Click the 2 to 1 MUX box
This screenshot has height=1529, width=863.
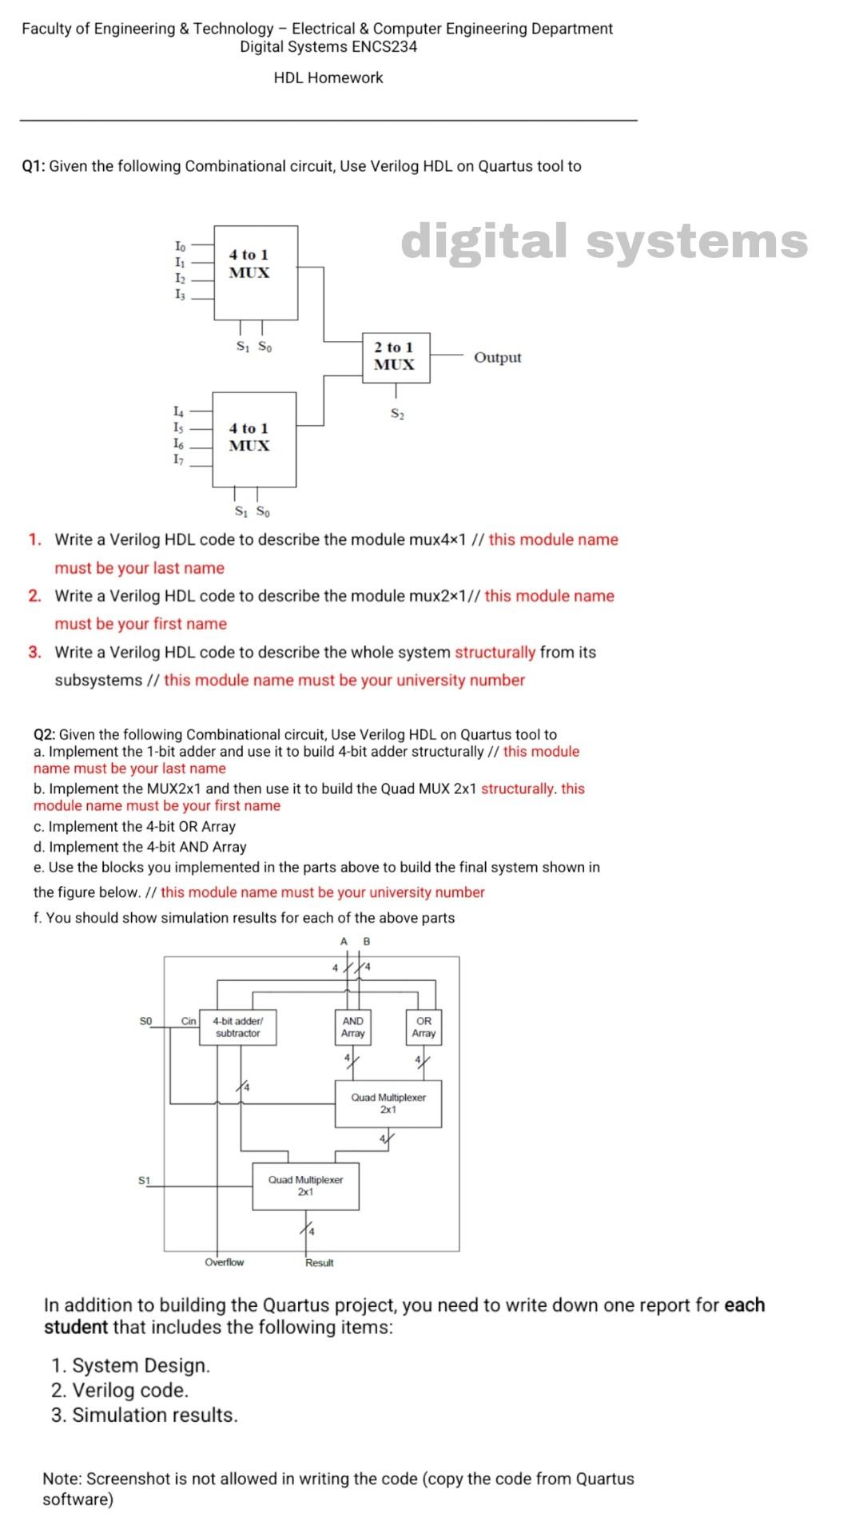(x=396, y=357)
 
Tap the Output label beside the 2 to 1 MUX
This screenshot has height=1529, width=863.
(x=497, y=358)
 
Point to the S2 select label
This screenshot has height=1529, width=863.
(x=397, y=414)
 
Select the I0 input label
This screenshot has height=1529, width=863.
(x=180, y=246)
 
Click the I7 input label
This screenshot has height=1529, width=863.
(x=179, y=459)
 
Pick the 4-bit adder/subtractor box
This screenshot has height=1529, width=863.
(x=238, y=1027)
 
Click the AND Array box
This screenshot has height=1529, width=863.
(x=352, y=1027)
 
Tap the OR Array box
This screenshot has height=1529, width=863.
(x=424, y=1027)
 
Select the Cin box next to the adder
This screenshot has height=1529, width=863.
(x=189, y=1021)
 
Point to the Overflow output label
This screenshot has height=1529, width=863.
(x=225, y=1262)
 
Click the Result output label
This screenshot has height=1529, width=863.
(x=320, y=1263)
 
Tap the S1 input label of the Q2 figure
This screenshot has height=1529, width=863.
(x=144, y=1180)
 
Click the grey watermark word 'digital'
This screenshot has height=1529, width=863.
(x=487, y=240)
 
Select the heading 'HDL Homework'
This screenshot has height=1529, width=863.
(x=328, y=78)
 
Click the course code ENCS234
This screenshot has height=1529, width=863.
(x=384, y=46)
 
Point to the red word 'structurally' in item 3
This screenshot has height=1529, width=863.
(x=495, y=652)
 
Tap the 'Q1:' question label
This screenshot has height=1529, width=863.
(x=34, y=166)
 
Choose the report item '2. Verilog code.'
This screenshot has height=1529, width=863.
(x=120, y=1390)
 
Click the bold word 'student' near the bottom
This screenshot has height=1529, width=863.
(x=75, y=1328)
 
